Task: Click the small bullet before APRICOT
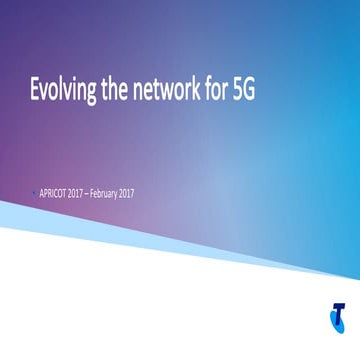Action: (33, 192)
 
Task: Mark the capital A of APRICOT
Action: (41, 192)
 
